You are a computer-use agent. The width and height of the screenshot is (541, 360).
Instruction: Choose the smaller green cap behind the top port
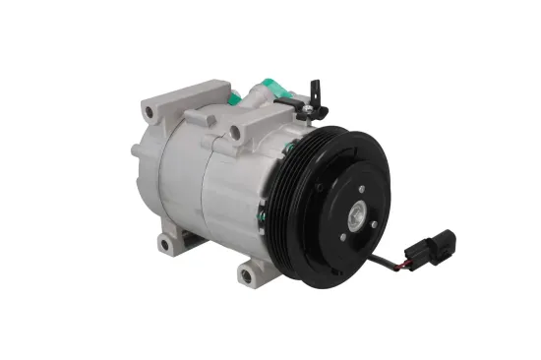[235, 97]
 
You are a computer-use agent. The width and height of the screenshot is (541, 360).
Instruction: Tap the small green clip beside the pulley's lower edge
[263, 210]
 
